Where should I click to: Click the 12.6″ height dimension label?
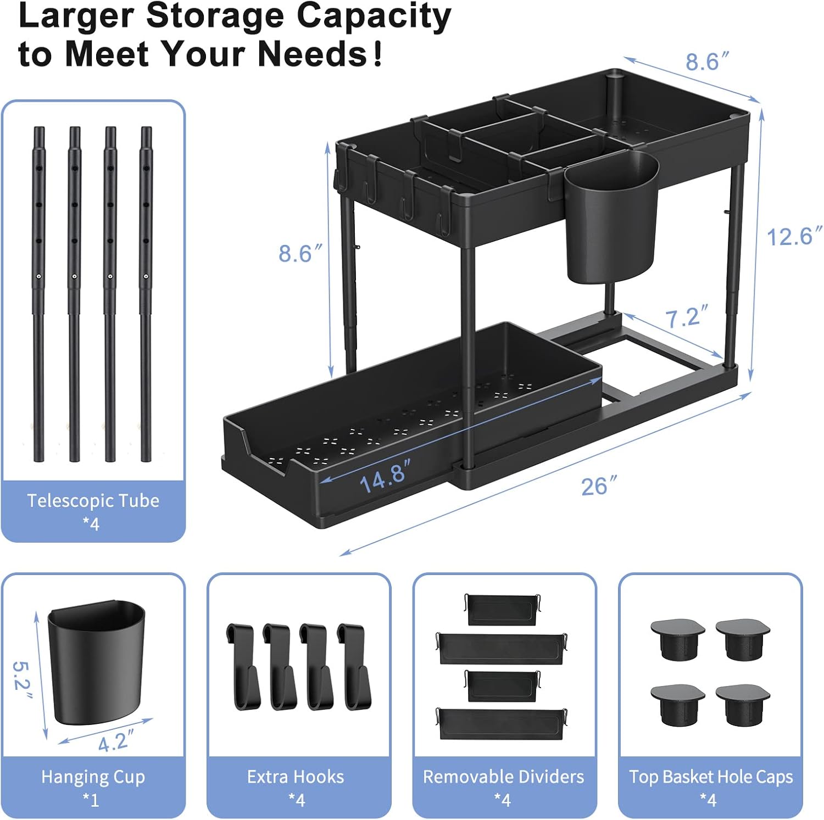coord(794,237)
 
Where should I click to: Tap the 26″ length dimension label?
coord(599,486)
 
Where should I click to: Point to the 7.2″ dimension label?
coord(687,317)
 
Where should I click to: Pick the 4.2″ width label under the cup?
coord(116,741)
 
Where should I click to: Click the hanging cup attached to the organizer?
coord(612,218)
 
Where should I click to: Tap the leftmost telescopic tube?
coord(39,294)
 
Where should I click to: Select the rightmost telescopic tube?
coord(146,294)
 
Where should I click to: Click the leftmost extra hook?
coord(243,666)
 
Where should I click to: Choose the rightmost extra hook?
coord(354,666)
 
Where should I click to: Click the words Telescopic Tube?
coord(93,501)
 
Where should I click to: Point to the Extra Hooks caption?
coord(296,777)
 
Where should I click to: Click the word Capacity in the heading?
coord(374,16)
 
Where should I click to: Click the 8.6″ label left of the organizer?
coord(300,253)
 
